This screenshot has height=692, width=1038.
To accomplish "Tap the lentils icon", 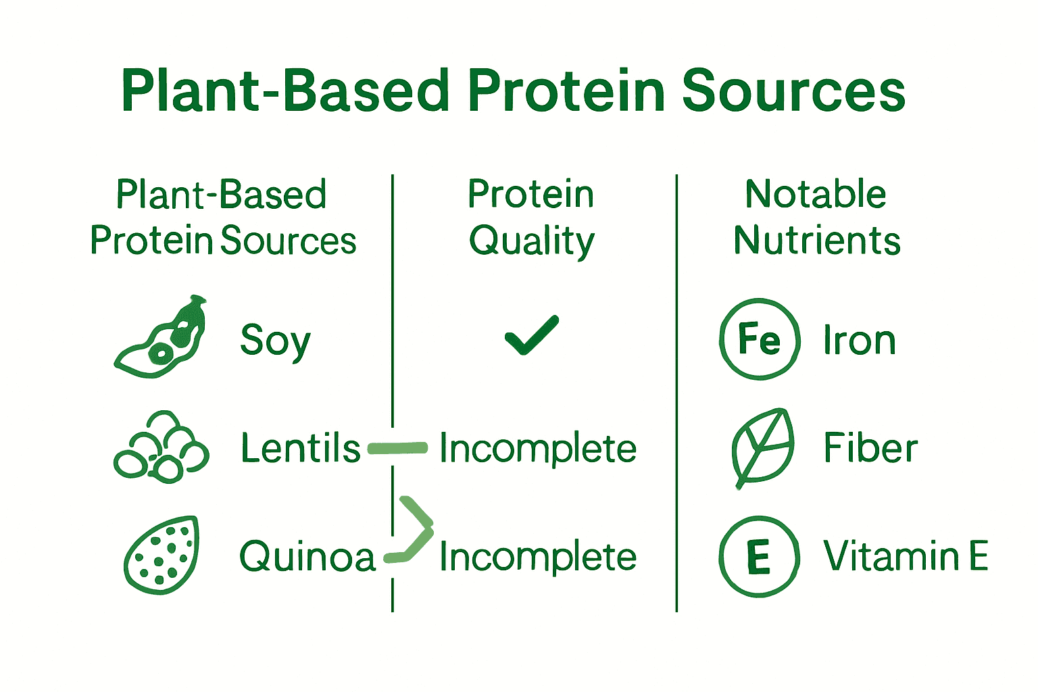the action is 162,447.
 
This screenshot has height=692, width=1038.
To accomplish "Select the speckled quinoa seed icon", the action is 162,555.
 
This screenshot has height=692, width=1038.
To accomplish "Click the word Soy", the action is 275,342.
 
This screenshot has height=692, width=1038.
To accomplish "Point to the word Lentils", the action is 301,447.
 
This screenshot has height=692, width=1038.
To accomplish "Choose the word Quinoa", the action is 307,555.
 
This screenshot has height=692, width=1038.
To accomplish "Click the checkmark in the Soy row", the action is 532,335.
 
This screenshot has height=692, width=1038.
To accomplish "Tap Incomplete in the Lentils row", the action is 538,448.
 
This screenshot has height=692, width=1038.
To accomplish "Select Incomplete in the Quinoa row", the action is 538,556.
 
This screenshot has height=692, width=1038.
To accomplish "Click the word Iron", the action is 859,340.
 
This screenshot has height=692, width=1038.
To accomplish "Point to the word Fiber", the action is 870,447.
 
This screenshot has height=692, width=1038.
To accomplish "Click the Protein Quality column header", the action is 532,217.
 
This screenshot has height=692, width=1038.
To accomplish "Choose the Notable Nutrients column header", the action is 817,217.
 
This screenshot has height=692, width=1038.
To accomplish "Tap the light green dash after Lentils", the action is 397,448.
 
